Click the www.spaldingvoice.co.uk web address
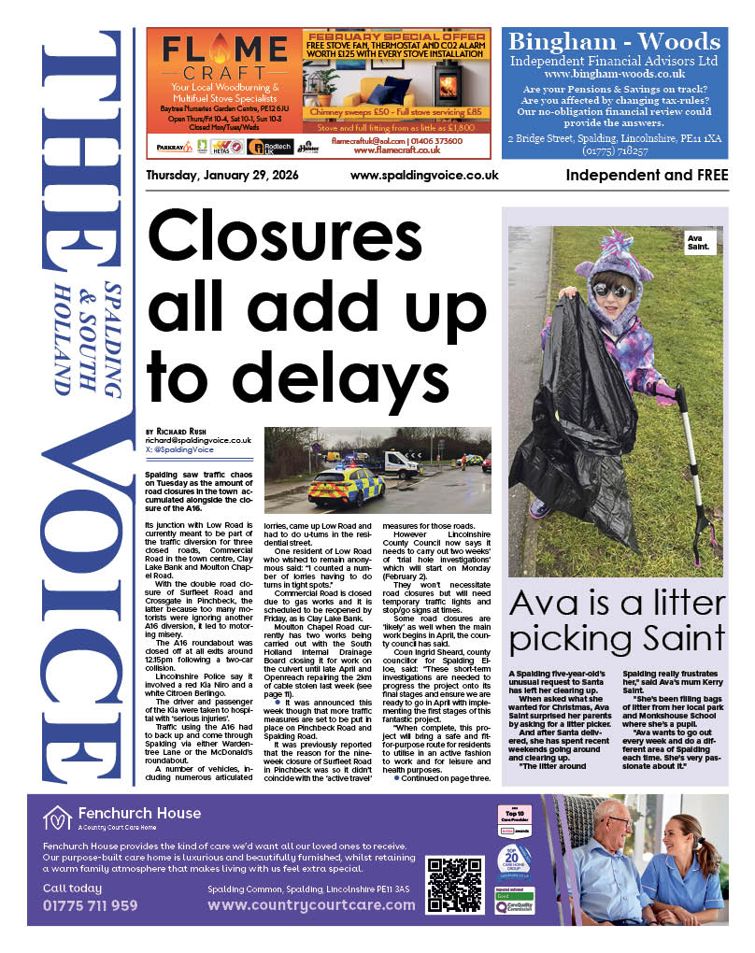pyautogui.click(x=424, y=176)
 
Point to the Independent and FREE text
pyautogui.click(x=647, y=176)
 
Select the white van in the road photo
pyautogui.click(x=401, y=462)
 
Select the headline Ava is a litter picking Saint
pyautogui.click(x=617, y=621)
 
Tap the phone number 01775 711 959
pyautogui.click(x=90, y=904)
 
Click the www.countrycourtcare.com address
pyautogui.click(x=311, y=904)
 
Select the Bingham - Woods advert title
pyautogui.click(x=614, y=43)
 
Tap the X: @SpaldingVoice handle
pyautogui.click(x=179, y=449)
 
